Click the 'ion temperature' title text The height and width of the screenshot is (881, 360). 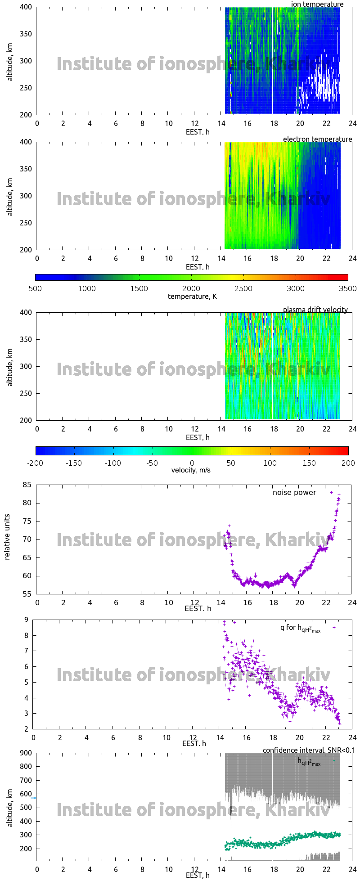(317, 4)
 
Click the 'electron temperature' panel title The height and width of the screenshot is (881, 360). (317, 139)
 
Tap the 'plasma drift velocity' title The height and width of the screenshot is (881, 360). (315, 310)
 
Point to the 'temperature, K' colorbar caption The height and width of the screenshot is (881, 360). (192, 297)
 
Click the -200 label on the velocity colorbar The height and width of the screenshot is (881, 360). (35, 463)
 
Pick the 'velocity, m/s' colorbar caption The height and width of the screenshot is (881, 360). (191, 470)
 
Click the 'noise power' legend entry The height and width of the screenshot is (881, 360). (294, 493)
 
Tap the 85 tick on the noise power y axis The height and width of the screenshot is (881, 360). (27, 485)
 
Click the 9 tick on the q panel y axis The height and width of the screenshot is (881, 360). (27, 620)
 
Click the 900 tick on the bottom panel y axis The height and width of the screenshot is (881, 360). (26, 753)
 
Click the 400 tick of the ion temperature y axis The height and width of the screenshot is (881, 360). (26, 7)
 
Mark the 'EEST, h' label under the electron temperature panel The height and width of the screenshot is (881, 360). (198, 267)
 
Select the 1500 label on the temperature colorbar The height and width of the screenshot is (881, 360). (139, 289)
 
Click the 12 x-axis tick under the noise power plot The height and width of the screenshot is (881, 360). (195, 603)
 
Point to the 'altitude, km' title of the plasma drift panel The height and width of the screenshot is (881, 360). (10, 366)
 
